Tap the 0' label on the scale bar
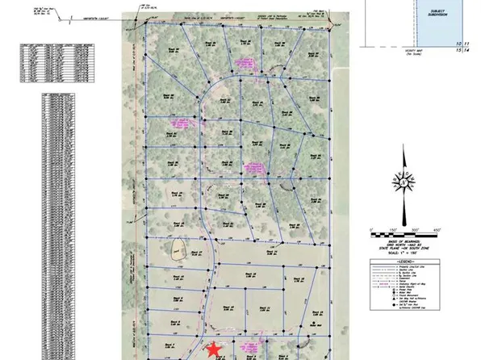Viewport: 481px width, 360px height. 371,228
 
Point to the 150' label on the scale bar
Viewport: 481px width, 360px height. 393,228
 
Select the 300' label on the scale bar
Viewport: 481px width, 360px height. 415,228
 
